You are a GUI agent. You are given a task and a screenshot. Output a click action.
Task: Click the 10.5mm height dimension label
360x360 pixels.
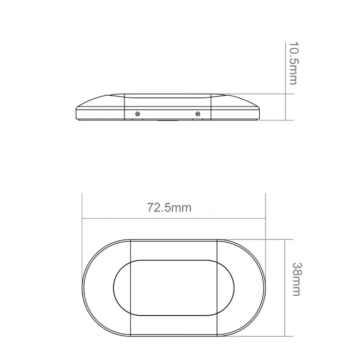point(293,63)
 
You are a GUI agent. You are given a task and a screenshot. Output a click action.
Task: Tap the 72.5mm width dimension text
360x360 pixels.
point(169,208)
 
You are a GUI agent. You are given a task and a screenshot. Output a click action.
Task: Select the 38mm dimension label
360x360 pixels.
point(297,279)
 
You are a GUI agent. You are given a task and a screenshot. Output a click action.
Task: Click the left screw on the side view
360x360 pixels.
point(137,114)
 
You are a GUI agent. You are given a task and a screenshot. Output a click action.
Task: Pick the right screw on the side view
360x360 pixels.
point(197,114)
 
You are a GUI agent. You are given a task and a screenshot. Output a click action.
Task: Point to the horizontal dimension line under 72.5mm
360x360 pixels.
point(174,219)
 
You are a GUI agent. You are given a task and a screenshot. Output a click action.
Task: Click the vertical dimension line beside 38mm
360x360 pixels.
point(285,288)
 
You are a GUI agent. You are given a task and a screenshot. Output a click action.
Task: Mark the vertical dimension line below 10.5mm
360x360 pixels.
point(285,81)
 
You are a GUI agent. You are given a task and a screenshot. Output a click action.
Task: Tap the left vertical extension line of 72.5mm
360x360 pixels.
point(82,239)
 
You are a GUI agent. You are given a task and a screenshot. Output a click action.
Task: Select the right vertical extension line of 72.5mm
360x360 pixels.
point(266,239)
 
